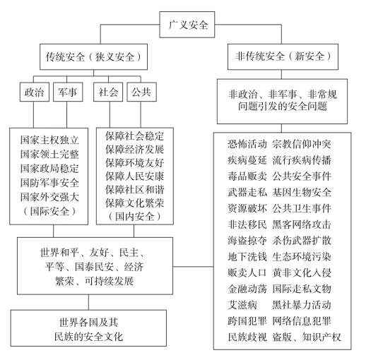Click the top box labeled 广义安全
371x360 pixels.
[x=187, y=25]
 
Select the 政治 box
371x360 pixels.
[x=35, y=92]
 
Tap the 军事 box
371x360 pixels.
[x=68, y=92]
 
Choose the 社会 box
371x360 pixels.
[x=108, y=92]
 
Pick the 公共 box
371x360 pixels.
[x=141, y=92]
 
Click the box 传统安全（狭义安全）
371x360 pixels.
[x=94, y=56]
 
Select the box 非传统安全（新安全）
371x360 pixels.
[x=283, y=56]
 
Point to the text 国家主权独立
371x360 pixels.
[x=49, y=140]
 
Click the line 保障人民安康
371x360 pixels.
[x=135, y=176]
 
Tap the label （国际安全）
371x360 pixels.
[x=49, y=211]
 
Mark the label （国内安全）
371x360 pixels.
[x=135, y=216]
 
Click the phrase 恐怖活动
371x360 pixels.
[x=247, y=144]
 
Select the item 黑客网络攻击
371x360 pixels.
[x=302, y=224]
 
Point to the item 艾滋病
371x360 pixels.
[x=242, y=305]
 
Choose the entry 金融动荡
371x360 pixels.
[x=247, y=289]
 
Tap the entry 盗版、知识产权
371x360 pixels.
[x=307, y=337]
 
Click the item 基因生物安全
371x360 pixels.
[x=302, y=193]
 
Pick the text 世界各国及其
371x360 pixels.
[x=88, y=322]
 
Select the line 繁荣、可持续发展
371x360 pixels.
[x=95, y=281]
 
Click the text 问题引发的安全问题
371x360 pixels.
[x=283, y=106]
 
